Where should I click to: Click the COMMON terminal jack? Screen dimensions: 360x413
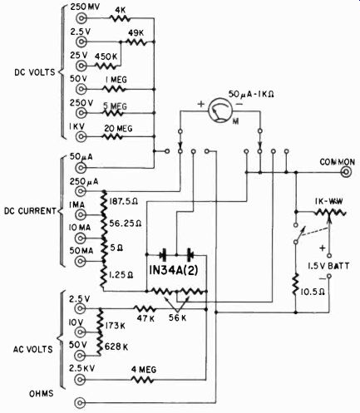(x=346, y=172)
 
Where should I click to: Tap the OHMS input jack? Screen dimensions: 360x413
(x=81, y=402)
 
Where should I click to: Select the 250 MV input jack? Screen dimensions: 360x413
(x=81, y=18)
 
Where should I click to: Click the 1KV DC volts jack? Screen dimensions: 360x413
(x=81, y=136)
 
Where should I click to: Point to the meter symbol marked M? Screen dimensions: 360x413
(x=220, y=111)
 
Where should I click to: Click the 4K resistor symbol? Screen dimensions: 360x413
(x=120, y=18)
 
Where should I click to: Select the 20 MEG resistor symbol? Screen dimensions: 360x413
(x=113, y=136)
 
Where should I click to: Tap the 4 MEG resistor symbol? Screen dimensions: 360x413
(x=143, y=379)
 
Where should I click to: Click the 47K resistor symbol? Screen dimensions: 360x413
(x=145, y=308)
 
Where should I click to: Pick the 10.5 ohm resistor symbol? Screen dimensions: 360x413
(x=296, y=284)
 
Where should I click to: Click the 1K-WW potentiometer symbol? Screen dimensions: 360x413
(x=330, y=213)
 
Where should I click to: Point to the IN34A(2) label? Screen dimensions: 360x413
(x=174, y=270)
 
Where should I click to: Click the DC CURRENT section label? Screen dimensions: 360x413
(x=30, y=211)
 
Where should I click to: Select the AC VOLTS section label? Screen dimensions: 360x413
(x=32, y=349)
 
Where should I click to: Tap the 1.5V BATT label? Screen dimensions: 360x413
(x=328, y=266)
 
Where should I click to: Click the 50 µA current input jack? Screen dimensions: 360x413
(x=81, y=168)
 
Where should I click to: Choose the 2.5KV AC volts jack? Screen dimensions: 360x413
(x=81, y=379)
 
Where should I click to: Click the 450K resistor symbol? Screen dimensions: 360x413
(x=106, y=66)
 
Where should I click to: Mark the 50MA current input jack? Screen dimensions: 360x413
(x=81, y=261)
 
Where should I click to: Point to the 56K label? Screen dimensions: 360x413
(x=178, y=317)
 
